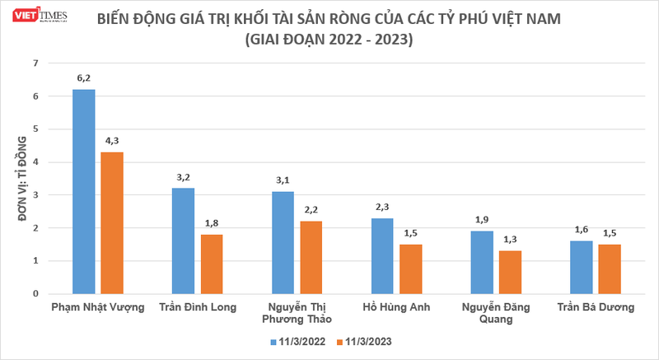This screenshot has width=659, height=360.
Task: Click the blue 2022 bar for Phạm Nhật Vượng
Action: click(84, 191)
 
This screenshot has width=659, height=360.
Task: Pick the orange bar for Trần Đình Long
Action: click(211, 264)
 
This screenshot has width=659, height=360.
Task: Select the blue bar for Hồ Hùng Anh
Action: click(382, 255)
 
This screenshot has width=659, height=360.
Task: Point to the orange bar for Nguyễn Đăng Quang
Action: click(510, 272)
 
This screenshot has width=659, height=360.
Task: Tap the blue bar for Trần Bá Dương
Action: click(582, 267)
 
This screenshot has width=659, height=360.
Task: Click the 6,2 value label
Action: click(84, 79)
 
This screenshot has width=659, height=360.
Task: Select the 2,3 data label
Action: click(382, 208)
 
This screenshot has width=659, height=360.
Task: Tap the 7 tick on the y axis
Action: click(35, 63)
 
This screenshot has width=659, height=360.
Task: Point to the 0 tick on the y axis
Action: click(35, 293)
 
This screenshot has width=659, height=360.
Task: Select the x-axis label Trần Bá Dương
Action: click(596, 308)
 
